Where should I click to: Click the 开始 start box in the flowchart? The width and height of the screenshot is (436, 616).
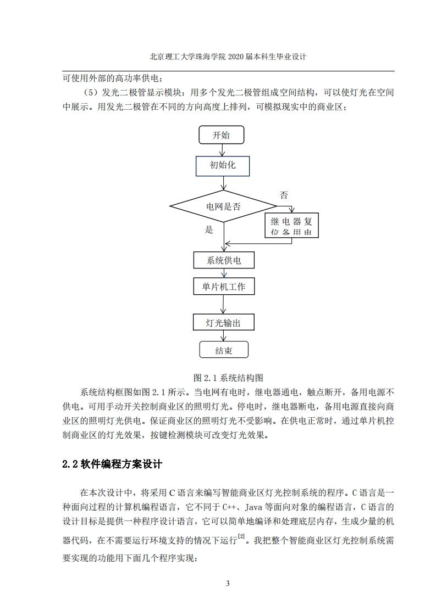coord(222,135)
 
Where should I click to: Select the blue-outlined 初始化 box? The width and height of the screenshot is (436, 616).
coord(223,166)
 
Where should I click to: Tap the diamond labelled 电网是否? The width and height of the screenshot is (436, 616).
coord(223,206)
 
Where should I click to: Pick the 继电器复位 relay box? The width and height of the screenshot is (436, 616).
coord(291,226)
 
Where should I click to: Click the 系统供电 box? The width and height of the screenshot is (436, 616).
coord(224,260)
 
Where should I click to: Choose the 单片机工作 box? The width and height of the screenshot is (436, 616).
coord(224,287)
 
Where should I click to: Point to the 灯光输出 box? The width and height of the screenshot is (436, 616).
coord(224,322)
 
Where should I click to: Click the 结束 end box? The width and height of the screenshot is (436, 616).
coord(224,349)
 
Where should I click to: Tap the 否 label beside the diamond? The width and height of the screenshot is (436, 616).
coord(284,195)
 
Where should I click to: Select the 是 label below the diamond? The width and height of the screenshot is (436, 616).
coord(209,229)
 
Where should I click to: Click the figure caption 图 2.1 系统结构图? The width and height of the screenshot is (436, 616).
coord(228,378)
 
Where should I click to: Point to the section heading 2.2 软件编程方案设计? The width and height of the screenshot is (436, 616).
coord(112,464)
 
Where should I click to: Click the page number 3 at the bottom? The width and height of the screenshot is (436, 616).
coord(228,584)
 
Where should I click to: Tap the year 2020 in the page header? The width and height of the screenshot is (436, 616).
coord(236,57)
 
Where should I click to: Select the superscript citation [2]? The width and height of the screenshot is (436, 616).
coord(241,536)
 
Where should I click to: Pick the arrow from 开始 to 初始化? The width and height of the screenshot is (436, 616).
coord(222,150)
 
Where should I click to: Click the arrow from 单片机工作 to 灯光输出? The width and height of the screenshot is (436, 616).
coord(224,304)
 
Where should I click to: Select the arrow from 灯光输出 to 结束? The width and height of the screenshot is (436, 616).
coord(224,335)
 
